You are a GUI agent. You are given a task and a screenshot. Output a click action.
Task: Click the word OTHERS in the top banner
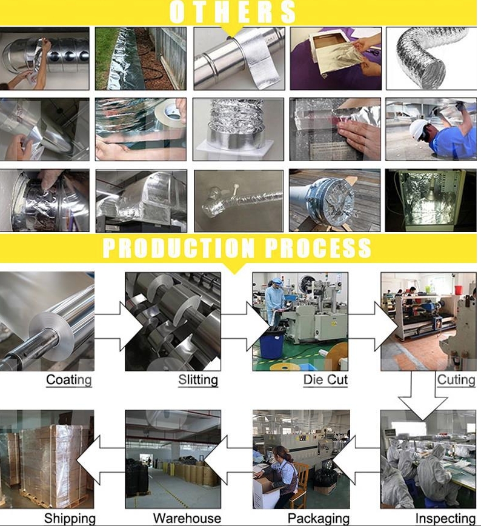point(232,12)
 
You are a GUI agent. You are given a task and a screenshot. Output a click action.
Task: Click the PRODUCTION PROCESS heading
point(237,248)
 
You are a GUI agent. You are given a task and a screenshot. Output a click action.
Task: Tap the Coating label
point(69,380)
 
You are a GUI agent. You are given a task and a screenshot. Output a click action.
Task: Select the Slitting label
point(198,380)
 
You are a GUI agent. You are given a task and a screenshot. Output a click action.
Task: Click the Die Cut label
point(325,380)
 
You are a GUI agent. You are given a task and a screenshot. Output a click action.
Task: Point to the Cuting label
point(456,380)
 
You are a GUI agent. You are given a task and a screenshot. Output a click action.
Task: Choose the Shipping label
point(70,519)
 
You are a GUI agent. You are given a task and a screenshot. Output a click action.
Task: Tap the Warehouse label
point(187,518)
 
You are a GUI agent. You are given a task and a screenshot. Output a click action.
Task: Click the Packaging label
point(318,519)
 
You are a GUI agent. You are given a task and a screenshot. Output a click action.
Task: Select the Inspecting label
point(445,519)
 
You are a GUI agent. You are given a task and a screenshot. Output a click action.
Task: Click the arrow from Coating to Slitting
point(119,326)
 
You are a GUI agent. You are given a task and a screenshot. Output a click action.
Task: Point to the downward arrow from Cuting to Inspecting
point(423,399)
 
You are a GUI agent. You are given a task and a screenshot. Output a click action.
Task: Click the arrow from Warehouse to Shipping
point(101,460)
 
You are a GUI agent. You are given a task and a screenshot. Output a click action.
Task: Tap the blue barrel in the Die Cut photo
point(271,344)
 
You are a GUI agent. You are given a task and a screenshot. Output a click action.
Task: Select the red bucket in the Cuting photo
point(459,290)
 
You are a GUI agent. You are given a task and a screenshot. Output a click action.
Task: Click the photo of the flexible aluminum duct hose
point(431,59)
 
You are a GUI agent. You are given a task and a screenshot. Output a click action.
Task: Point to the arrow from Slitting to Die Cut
point(245,326)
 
